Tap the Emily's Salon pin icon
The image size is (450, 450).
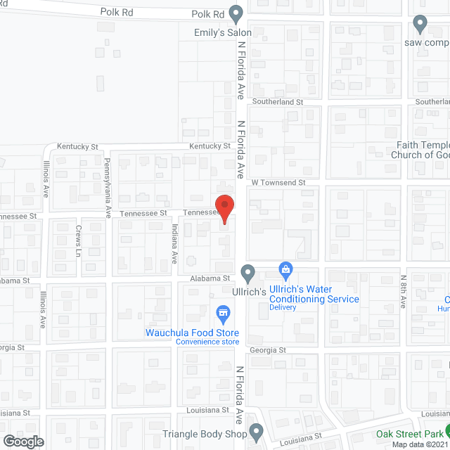(x=237, y=14)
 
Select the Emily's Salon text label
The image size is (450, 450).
(x=223, y=32)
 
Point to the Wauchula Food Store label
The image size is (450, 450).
(x=193, y=333)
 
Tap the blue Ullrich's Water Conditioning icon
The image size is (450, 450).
(x=285, y=269)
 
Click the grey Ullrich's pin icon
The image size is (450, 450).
(x=247, y=272)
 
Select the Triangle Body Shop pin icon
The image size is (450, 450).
(x=256, y=430)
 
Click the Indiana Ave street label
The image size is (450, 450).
(x=174, y=243)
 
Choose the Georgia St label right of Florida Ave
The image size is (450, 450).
(x=267, y=350)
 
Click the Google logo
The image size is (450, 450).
(x=22, y=441)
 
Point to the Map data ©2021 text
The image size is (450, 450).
(x=419, y=444)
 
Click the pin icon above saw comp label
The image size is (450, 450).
(x=420, y=25)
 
